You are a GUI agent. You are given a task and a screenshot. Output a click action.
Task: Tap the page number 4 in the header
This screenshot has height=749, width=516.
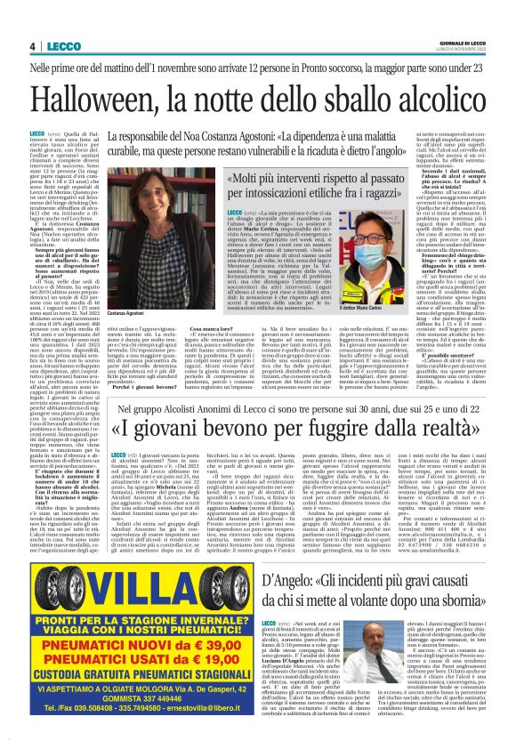pos(32,46)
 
